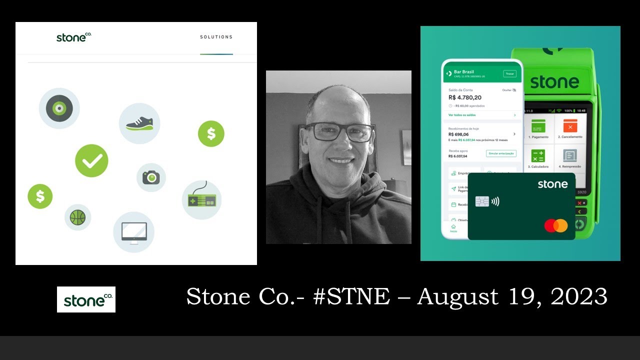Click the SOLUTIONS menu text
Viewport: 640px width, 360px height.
tap(216, 37)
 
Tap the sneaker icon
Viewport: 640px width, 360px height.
tap(139, 123)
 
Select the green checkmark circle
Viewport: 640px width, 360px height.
tap(91, 160)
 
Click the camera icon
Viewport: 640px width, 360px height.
tap(151, 177)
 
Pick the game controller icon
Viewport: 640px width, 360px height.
tap(201, 200)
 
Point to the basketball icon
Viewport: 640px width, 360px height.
tap(77, 217)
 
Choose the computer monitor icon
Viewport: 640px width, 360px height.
tap(133, 232)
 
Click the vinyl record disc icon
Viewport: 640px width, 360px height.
tap(59, 108)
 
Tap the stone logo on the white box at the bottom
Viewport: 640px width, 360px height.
tap(86, 299)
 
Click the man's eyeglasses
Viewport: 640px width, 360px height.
tap(339, 132)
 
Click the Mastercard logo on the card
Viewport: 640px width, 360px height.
tap(556, 225)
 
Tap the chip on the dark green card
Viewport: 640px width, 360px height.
tap(482, 201)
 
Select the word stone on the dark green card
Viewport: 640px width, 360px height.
tap(552, 184)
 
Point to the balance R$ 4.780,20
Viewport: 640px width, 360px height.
tap(464, 97)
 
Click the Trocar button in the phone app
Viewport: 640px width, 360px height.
tap(509, 73)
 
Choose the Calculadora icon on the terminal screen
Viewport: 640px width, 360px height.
tap(538, 155)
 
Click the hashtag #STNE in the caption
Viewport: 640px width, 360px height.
tap(351, 296)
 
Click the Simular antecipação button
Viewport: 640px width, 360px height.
tap(501, 153)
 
